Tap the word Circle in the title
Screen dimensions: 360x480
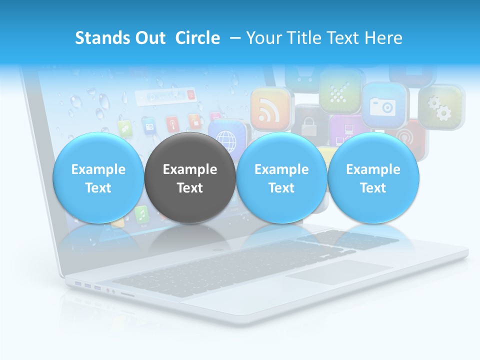[197, 38]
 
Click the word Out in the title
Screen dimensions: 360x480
[148, 38]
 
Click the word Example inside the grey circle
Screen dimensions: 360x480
[190, 169]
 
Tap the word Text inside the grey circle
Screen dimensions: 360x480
[190, 188]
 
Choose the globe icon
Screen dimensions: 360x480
[229, 137]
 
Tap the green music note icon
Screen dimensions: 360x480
[141, 214]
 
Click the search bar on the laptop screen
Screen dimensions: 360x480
[164, 96]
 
